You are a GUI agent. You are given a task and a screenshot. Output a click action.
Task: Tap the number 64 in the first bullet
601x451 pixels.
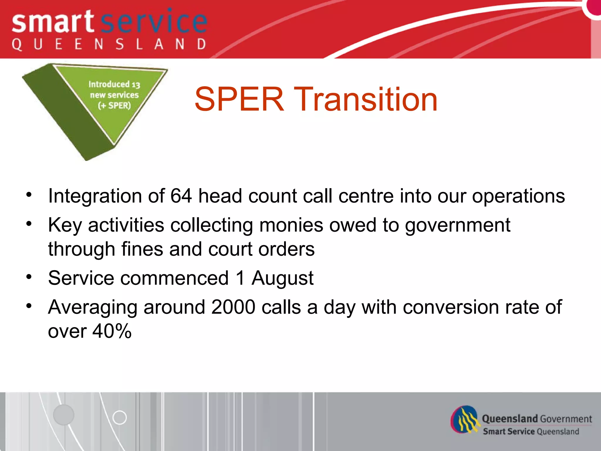point(181,196)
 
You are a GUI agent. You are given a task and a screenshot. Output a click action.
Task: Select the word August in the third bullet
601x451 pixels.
point(282,278)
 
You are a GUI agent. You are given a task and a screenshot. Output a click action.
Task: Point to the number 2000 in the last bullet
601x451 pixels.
point(233,307)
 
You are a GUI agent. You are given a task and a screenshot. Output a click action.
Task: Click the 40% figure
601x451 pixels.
point(112,331)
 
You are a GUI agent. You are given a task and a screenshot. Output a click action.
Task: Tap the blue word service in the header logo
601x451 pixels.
point(154,22)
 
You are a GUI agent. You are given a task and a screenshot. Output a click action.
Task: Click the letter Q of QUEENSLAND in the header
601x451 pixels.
point(17,45)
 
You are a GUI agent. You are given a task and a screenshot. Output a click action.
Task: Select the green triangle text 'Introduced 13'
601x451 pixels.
point(114,84)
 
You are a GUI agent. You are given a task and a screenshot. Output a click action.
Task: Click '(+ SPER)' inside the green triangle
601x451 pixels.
point(114,105)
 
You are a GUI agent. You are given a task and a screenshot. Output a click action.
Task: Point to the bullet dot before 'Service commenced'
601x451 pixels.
point(29,277)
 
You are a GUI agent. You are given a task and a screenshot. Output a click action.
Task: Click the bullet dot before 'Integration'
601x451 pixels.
point(29,194)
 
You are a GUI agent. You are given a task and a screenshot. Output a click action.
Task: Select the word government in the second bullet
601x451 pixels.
point(457,225)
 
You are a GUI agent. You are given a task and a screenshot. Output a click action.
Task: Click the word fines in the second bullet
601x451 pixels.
point(142,249)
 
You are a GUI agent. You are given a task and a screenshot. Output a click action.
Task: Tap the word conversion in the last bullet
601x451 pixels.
point(450,307)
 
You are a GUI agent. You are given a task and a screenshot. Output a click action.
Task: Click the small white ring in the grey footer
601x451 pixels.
point(119,417)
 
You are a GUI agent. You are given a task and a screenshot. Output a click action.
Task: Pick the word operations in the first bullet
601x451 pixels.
point(518,196)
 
